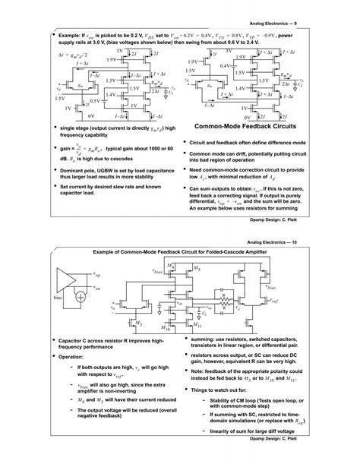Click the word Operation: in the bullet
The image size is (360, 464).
coord(74,356)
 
